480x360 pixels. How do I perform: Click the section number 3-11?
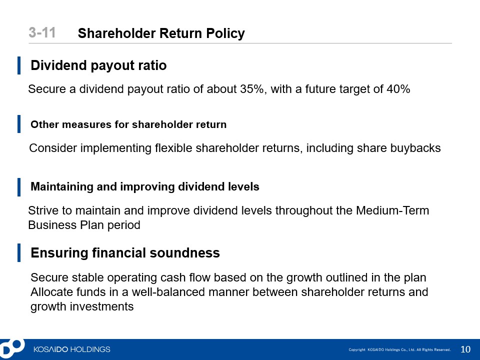click(x=42, y=32)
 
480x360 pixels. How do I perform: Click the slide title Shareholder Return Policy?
click(x=161, y=33)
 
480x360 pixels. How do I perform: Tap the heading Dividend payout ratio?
click(x=98, y=65)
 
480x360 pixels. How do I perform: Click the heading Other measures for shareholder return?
click(x=128, y=124)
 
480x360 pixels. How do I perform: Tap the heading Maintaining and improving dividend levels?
click(x=145, y=186)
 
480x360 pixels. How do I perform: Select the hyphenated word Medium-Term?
click(x=392, y=210)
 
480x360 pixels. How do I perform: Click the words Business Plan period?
click(x=84, y=225)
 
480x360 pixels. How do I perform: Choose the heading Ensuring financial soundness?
click(x=125, y=253)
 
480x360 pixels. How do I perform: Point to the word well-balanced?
click(x=168, y=292)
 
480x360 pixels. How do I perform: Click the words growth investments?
click(x=82, y=306)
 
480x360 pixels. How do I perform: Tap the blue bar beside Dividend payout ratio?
click(x=19, y=65)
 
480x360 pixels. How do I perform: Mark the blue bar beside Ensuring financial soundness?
click(x=19, y=253)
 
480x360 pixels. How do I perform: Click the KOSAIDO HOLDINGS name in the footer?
click(x=71, y=349)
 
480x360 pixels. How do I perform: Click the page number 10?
click(x=465, y=349)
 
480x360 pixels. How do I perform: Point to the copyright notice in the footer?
click(x=400, y=349)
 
